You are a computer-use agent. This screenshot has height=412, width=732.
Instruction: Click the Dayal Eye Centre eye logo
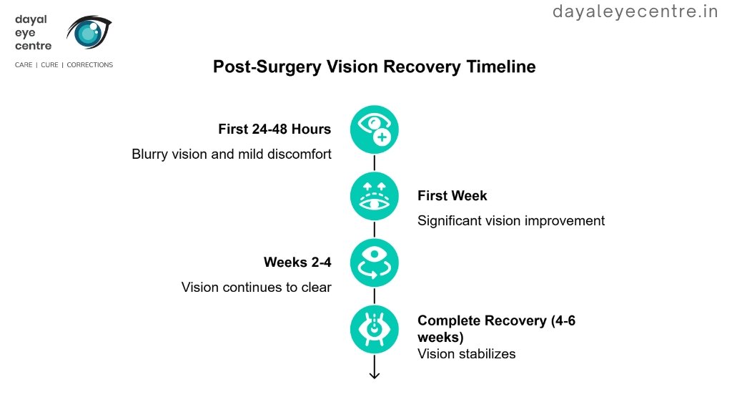pyautogui.click(x=89, y=31)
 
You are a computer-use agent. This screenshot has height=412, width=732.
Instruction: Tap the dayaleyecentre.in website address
pyautogui.click(x=635, y=11)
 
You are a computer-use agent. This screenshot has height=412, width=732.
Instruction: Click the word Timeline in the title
pyautogui.click(x=500, y=67)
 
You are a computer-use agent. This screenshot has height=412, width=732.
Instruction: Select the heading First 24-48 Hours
pyautogui.click(x=274, y=129)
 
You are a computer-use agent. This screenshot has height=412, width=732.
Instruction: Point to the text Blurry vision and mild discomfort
pyautogui.click(x=232, y=154)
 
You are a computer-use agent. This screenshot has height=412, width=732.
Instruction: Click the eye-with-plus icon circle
pyautogui.click(x=374, y=129)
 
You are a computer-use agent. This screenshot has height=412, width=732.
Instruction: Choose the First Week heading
pyautogui.click(x=452, y=196)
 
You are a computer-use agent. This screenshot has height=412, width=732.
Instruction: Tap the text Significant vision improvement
pyautogui.click(x=510, y=220)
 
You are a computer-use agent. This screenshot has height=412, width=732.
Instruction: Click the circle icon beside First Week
pyautogui.click(x=374, y=196)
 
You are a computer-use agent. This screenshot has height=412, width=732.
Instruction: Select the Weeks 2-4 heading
pyautogui.click(x=297, y=263)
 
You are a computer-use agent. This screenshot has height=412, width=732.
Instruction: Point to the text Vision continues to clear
pyautogui.click(x=256, y=287)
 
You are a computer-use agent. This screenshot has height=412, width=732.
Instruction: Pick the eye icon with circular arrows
pyautogui.click(x=374, y=263)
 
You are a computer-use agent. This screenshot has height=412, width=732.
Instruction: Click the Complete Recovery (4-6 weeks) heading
pyautogui.click(x=496, y=328)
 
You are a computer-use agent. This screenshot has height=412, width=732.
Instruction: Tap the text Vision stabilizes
pyautogui.click(x=466, y=353)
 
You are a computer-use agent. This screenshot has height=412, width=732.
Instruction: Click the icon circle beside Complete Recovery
pyautogui.click(x=374, y=329)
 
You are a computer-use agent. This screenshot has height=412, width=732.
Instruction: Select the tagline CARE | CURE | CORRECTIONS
pyautogui.click(x=64, y=65)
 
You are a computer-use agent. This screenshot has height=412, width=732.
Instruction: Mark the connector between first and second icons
pyautogui.click(x=374, y=163)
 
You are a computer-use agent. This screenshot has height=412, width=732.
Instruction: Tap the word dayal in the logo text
pyautogui.click(x=31, y=19)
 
